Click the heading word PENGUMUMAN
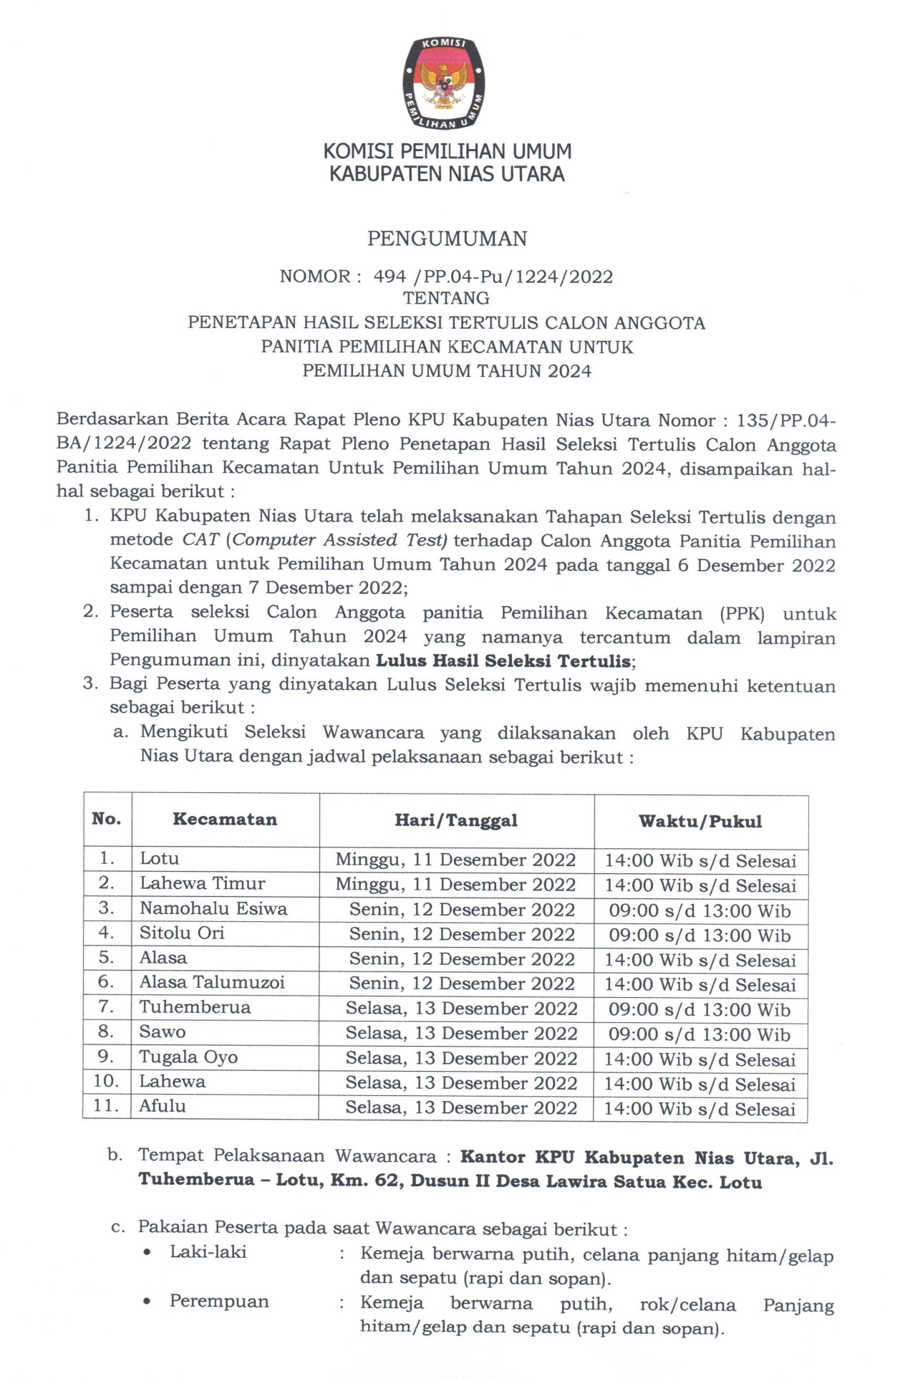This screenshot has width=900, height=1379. pos(447,239)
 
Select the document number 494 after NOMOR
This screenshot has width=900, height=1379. pos(389,277)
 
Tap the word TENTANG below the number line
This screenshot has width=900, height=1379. pos(446,298)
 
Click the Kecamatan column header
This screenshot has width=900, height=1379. pos(225,820)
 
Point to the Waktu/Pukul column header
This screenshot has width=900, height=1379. pos(700,821)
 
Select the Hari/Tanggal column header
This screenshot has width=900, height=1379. pos(456,820)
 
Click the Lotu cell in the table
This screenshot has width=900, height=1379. pos(160,858)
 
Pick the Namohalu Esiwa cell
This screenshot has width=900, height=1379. pos(213,908)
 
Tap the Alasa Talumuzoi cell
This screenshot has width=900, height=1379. pos(212,982)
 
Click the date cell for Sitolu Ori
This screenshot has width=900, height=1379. pos(462,934)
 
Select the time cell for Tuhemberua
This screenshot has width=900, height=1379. pos(700,1009)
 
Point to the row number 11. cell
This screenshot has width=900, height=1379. pos(106,1105)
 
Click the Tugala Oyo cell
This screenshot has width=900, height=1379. pos(188,1057)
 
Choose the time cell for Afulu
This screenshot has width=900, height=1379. pos(700,1109)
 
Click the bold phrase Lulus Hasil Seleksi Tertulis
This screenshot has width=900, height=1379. pos(505,660)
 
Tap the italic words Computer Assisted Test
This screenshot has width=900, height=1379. pos(339,539)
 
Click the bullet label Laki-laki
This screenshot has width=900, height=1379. pos(208,1251)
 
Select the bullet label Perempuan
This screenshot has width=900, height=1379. pos(219,1301)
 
